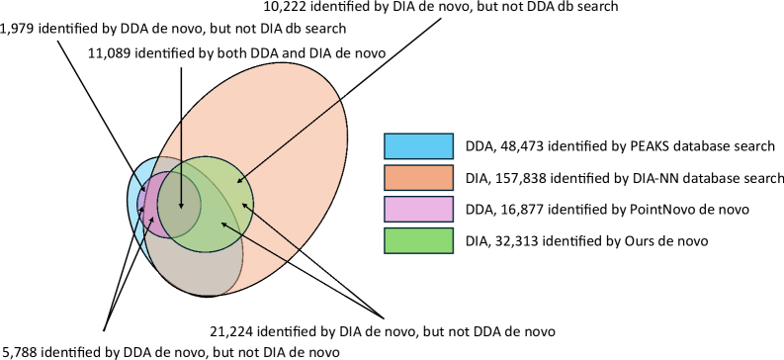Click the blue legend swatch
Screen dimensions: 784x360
(418, 146)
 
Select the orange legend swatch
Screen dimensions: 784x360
(418, 178)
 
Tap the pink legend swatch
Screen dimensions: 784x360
(418, 210)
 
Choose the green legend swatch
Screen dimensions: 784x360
(418, 240)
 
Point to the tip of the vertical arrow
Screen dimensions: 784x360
(181, 209)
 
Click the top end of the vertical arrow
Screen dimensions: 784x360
(181, 68)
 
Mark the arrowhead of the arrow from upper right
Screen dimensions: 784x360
(237, 183)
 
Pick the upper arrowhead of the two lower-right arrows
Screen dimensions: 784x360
(242, 204)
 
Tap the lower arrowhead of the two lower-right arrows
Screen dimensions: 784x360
(221, 223)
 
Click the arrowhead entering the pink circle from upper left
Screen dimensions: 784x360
(143, 188)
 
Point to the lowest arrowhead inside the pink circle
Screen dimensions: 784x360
(152, 219)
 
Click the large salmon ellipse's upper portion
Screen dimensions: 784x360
(287, 109)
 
